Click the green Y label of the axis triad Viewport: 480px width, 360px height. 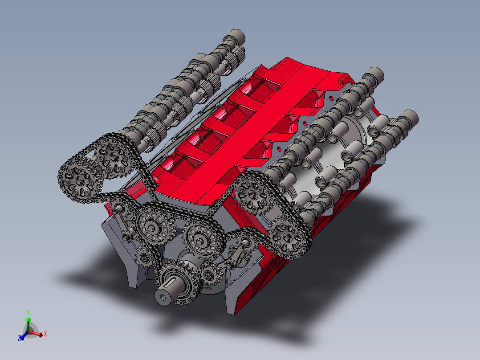click(28, 312)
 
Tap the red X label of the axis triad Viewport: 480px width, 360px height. click(45, 333)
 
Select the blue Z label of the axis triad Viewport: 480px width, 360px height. click(20, 339)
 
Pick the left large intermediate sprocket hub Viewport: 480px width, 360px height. click(152, 228)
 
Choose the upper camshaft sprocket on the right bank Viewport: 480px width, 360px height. click(253, 194)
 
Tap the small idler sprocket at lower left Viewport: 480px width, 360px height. click(144, 257)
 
